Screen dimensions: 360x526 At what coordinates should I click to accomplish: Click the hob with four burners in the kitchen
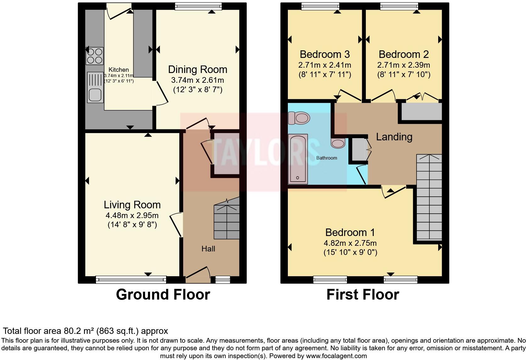point(94,56)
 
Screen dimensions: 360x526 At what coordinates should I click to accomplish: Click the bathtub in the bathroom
point(298,159)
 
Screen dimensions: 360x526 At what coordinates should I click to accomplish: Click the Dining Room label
point(198,70)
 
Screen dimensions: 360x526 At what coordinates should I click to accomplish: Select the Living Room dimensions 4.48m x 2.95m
point(132,216)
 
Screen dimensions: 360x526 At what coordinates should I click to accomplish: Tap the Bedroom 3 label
point(325,54)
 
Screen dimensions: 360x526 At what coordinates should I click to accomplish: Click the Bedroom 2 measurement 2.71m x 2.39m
point(404,65)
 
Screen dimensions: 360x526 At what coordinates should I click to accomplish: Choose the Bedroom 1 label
point(350,233)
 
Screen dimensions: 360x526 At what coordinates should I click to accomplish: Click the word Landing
point(394,137)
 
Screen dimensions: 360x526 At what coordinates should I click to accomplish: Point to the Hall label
point(208,249)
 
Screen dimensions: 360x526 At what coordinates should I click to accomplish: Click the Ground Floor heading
point(163,295)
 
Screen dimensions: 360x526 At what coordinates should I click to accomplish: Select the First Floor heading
point(363,295)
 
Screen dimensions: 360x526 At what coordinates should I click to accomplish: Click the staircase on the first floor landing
point(429,198)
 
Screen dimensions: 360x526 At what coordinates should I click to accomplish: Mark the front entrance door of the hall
point(198,273)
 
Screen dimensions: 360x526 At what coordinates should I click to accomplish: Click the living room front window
point(131,279)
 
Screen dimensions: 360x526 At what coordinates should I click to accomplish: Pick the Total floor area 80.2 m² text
point(85,331)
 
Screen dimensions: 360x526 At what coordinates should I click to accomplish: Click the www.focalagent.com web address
point(336,356)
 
